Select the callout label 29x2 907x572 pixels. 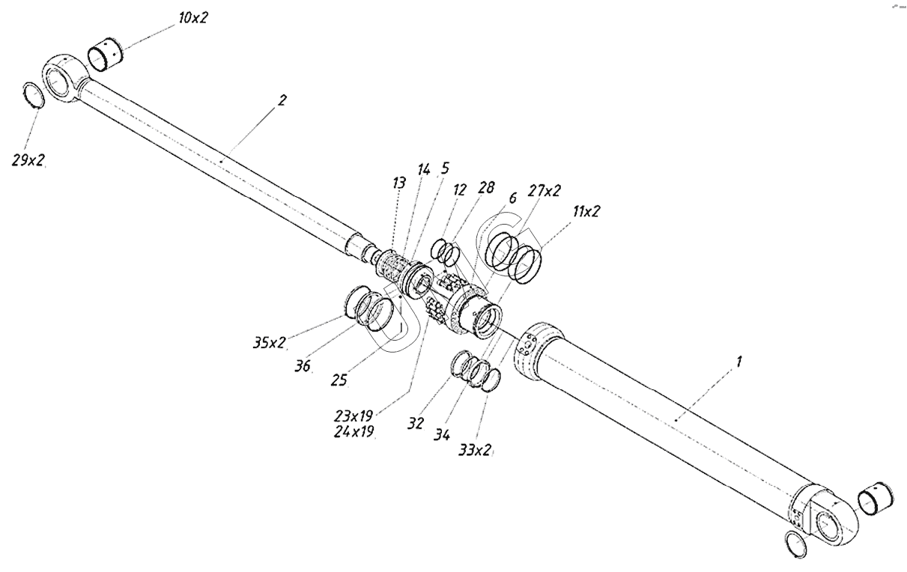click(x=28, y=161)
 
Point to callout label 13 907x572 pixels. click(x=398, y=183)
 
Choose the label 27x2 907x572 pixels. click(x=544, y=191)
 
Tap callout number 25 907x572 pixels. click(x=339, y=380)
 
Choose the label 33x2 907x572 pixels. click(x=476, y=451)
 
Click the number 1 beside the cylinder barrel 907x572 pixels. click(x=738, y=362)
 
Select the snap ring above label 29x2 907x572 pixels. click(x=33, y=97)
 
